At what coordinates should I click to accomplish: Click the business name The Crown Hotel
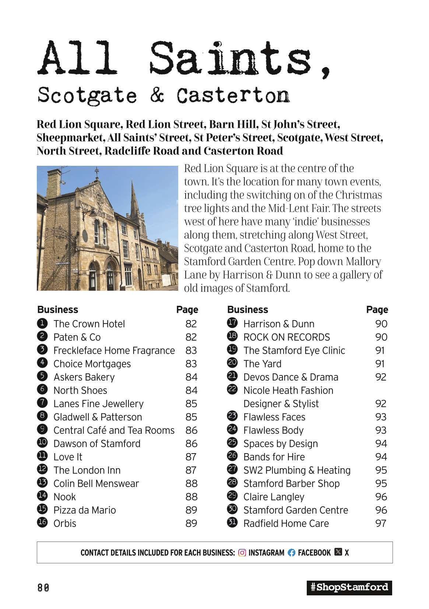click(89, 324)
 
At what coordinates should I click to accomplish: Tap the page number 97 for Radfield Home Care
click(380, 523)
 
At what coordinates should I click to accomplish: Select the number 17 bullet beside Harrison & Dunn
click(232, 323)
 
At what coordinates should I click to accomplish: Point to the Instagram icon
click(242, 553)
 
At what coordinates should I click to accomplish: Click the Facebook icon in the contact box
click(291, 553)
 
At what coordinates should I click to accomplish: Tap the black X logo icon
click(338, 552)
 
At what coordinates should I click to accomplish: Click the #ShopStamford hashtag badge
click(349, 587)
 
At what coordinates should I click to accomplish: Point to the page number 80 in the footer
click(43, 588)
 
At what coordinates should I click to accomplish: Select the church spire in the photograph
click(134, 201)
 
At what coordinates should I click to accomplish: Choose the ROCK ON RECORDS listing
click(286, 337)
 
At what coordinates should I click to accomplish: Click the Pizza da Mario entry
click(85, 510)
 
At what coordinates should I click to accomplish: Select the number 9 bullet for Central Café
click(42, 430)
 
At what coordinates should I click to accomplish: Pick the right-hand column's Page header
click(377, 309)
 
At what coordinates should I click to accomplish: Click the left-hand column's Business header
click(58, 309)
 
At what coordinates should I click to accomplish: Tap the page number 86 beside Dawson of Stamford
click(191, 444)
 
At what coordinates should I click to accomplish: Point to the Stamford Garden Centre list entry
click(295, 510)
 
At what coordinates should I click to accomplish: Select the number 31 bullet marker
click(232, 523)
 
